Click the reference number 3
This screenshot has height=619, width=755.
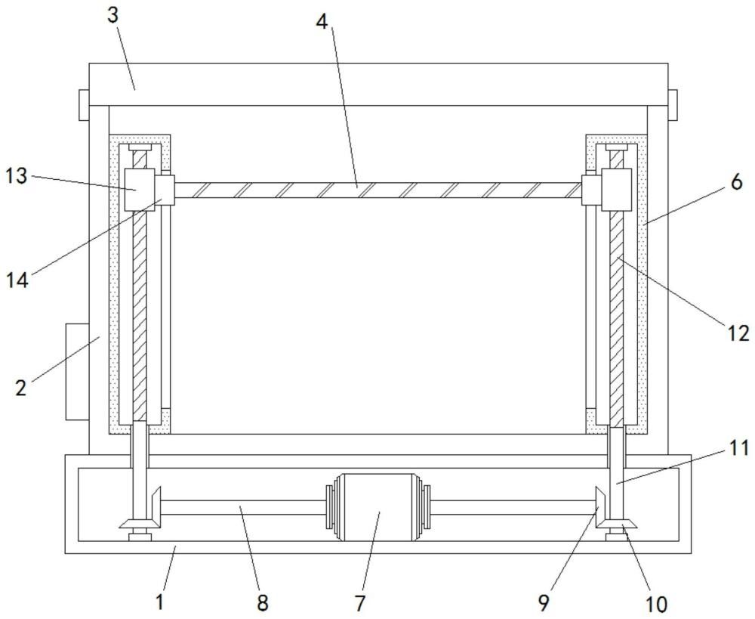(x=112, y=16)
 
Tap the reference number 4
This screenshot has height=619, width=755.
(x=322, y=21)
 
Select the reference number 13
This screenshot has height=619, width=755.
(x=17, y=176)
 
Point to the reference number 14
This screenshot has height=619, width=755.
(x=17, y=280)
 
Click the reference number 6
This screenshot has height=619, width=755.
(x=736, y=183)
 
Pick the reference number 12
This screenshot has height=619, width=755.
(x=738, y=333)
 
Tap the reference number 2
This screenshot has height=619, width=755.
(x=20, y=388)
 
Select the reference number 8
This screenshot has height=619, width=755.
(x=263, y=602)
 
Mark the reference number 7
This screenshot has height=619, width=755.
(x=360, y=602)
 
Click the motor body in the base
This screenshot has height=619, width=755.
(x=377, y=507)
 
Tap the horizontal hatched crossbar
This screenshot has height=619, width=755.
(x=378, y=190)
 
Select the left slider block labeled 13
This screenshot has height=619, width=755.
(x=140, y=190)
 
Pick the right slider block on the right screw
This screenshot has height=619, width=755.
(x=616, y=190)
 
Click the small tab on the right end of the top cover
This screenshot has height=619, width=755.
(x=673, y=105)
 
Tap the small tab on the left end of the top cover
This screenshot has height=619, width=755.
(x=85, y=105)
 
